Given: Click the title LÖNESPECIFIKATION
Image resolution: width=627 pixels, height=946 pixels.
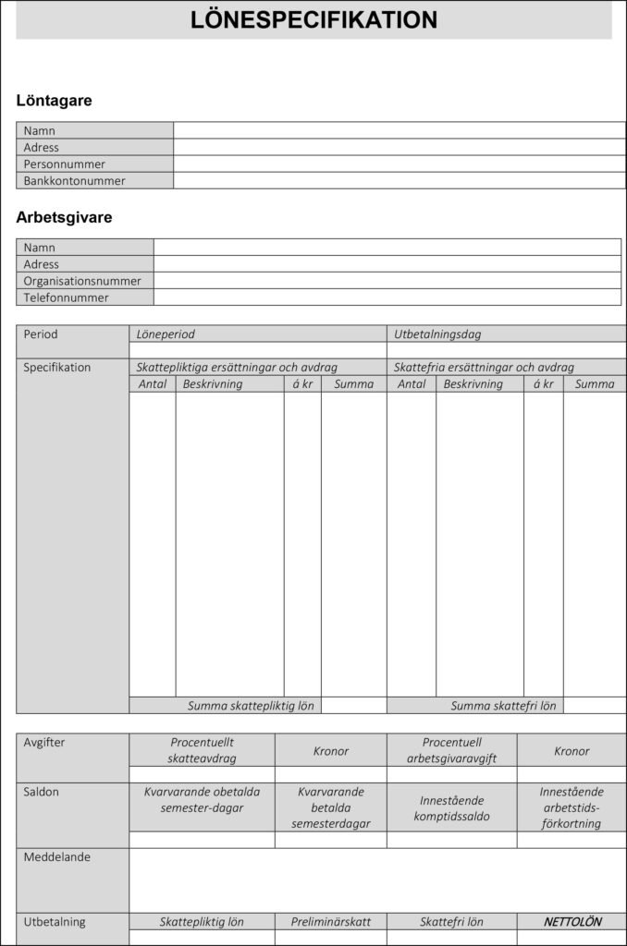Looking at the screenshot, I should click(313, 20).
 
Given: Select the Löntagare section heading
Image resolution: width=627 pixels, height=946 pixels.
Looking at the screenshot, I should click(54, 101).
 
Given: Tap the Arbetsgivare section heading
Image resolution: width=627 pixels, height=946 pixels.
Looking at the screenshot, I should click(64, 218).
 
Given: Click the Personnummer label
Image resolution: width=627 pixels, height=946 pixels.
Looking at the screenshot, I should click(64, 164).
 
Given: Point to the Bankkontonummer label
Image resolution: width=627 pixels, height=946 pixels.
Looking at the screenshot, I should click(74, 181).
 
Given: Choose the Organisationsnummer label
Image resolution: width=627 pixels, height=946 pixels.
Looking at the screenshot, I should click(82, 281).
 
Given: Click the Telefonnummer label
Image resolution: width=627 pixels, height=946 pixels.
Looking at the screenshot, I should click(66, 297).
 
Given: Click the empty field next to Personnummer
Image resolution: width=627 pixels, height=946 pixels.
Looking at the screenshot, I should click(399, 164).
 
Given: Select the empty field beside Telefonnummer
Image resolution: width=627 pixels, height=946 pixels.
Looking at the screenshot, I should click(387, 297).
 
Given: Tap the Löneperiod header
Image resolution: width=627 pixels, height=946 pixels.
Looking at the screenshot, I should click(166, 334).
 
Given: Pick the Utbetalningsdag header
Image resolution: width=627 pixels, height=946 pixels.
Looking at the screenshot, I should click(437, 334).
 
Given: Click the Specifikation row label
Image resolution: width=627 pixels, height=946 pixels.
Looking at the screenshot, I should click(57, 368).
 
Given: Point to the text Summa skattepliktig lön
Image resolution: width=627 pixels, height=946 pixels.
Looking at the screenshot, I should click(251, 706).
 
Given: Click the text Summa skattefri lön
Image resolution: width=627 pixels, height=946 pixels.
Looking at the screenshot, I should click(503, 706).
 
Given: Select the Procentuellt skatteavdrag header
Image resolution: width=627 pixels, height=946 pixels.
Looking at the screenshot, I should click(203, 750).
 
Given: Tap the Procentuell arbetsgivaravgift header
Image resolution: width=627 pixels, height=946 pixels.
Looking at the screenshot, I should click(451, 750).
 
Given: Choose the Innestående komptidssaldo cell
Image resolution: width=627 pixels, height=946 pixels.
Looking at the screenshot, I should click(451, 808).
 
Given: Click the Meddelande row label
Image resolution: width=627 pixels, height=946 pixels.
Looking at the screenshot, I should click(57, 857).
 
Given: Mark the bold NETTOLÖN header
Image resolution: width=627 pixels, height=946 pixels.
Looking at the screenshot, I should click(572, 922).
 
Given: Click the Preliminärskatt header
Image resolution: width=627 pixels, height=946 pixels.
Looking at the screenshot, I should click(330, 922).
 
